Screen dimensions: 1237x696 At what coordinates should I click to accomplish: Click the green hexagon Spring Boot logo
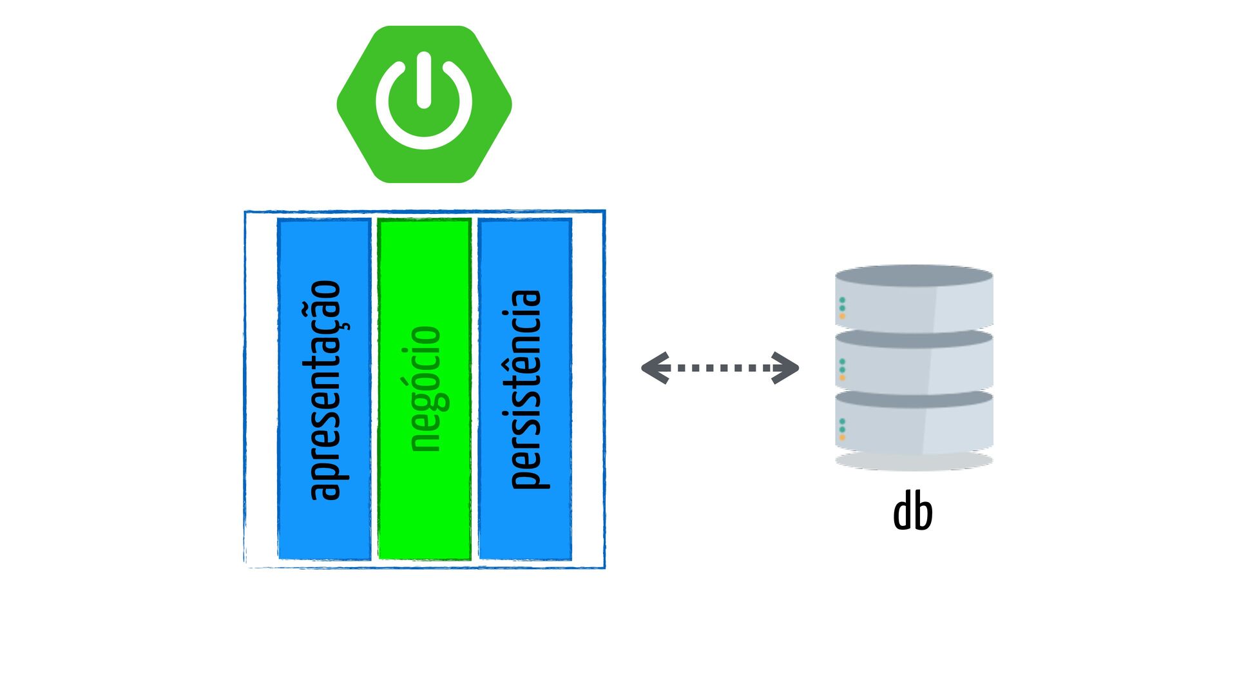click(x=425, y=104)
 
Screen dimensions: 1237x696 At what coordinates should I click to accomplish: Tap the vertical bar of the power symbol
click(x=424, y=80)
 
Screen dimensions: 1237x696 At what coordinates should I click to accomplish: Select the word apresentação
click(x=325, y=391)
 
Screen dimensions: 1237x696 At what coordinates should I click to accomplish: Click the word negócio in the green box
click(x=425, y=389)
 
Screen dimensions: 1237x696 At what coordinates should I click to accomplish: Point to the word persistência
click(x=526, y=389)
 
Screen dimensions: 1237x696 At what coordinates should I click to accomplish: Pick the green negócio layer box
click(x=425, y=389)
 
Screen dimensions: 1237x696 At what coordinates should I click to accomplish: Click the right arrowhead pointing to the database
click(x=785, y=368)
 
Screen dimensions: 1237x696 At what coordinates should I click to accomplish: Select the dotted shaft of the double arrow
click(x=720, y=368)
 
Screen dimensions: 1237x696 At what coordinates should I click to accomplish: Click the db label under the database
click(x=913, y=510)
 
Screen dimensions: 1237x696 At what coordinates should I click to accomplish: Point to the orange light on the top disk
click(x=842, y=316)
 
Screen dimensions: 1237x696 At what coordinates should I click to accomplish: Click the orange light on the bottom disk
click(x=842, y=438)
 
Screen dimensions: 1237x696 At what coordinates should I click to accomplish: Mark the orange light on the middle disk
click(x=842, y=378)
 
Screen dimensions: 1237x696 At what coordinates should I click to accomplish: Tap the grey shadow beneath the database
click(x=914, y=461)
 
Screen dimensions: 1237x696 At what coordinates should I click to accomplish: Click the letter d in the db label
click(x=903, y=510)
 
